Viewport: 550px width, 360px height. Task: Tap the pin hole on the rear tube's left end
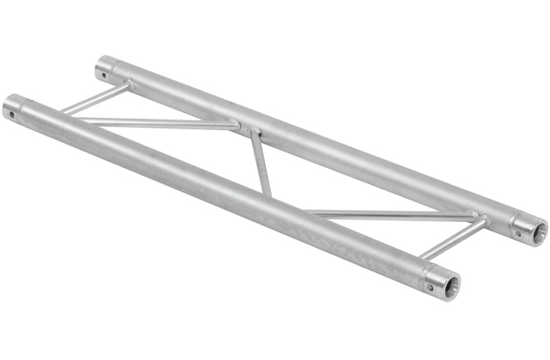104,74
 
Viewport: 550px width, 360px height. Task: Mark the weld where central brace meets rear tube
254,132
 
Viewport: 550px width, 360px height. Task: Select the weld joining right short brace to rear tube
483,218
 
